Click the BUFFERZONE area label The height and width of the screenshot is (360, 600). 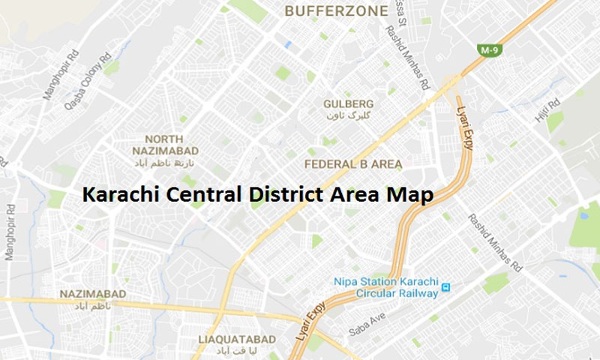pyautogui.click(x=336, y=11)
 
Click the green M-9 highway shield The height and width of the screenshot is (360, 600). pyautogui.click(x=490, y=49)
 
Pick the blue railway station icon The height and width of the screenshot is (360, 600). pyautogui.click(x=446, y=287)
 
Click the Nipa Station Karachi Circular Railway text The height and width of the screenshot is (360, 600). pyautogui.click(x=385, y=287)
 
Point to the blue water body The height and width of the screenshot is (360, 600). pyautogui.click(x=584, y=215)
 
